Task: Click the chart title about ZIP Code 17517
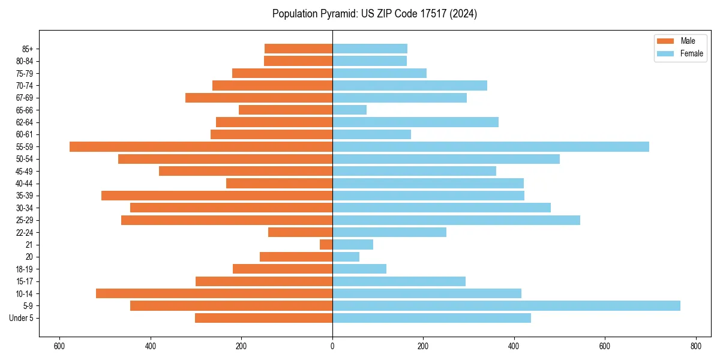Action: [x=374, y=14]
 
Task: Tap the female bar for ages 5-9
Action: [x=506, y=306]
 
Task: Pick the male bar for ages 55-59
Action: [x=201, y=147]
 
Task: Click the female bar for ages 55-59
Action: [x=490, y=147]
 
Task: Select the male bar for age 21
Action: [x=326, y=245]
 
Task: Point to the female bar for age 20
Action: [x=346, y=257]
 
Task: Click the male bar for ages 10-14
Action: [x=214, y=293]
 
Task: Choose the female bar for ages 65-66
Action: [x=349, y=110]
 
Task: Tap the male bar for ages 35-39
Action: [x=217, y=196]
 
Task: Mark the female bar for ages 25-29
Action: [x=456, y=220]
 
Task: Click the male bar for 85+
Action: [x=298, y=49]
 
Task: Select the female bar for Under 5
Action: [x=431, y=318]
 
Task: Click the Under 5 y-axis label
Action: [x=21, y=318]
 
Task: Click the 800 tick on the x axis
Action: [x=695, y=346]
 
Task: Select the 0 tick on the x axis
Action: [x=332, y=346]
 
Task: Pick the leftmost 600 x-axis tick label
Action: [x=59, y=346]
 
